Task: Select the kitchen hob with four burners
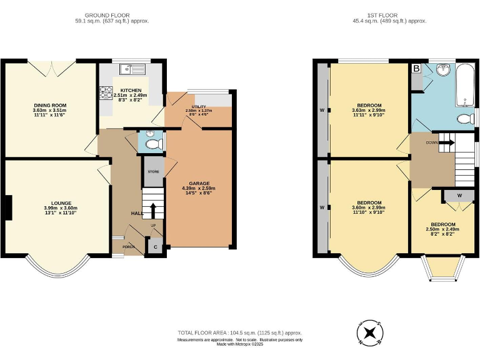tap(105, 92)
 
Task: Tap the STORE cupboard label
tap(153, 171)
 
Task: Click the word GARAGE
tap(199, 184)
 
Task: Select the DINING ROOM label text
tap(49, 106)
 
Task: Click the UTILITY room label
tap(199, 107)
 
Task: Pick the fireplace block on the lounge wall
tap(7, 207)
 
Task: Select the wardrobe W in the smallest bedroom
tap(459, 195)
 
